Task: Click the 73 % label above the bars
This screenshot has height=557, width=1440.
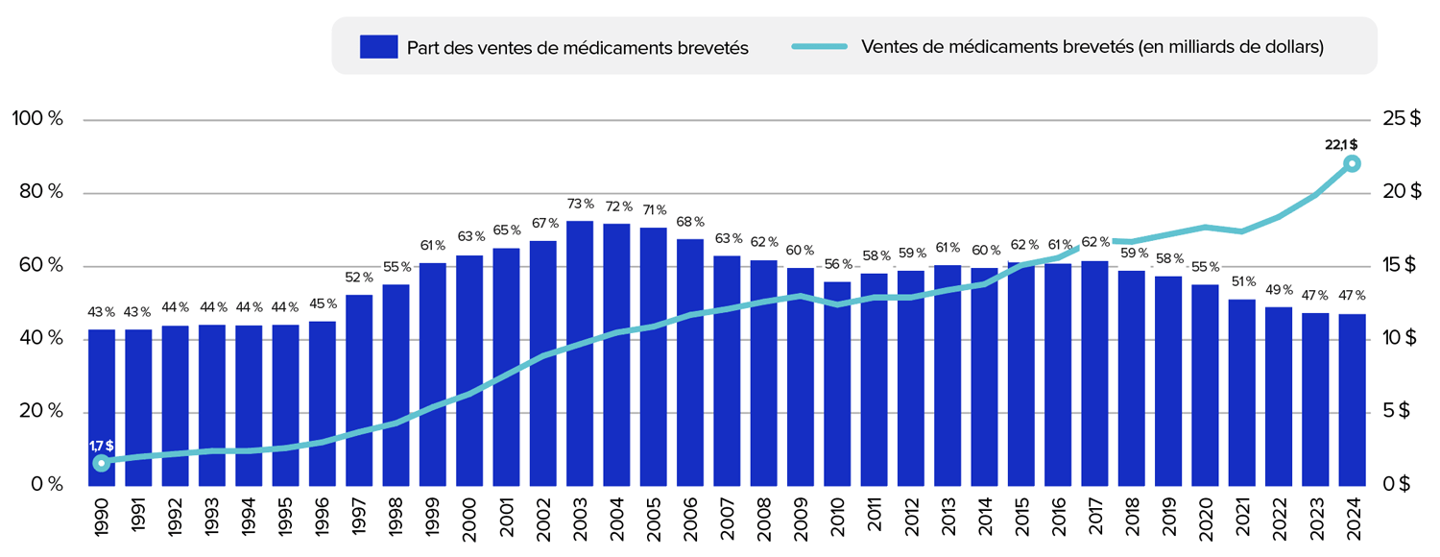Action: (x=580, y=205)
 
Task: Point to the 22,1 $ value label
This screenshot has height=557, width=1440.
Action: (x=1341, y=144)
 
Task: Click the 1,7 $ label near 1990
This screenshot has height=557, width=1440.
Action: (x=102, y=446)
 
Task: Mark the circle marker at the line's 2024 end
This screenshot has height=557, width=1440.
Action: (x=1352, y=163)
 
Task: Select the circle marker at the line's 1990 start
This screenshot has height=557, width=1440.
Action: (x=102, y=463)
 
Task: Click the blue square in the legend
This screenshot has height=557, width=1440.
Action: (x=378, y=47)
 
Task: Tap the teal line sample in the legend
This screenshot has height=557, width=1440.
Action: (x=819, y=46)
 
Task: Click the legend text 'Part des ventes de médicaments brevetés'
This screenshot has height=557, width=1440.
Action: (x=577, y=47)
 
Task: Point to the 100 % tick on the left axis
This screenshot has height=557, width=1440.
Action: (x=36, y=119)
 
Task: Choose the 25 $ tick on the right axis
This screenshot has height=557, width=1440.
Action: (x=1401, y=119)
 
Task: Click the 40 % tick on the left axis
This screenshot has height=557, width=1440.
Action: (x=36, y=339)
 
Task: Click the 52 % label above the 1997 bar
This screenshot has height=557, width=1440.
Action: (x=359, y=278)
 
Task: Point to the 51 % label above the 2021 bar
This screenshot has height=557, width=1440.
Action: (x=1241, y=282)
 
